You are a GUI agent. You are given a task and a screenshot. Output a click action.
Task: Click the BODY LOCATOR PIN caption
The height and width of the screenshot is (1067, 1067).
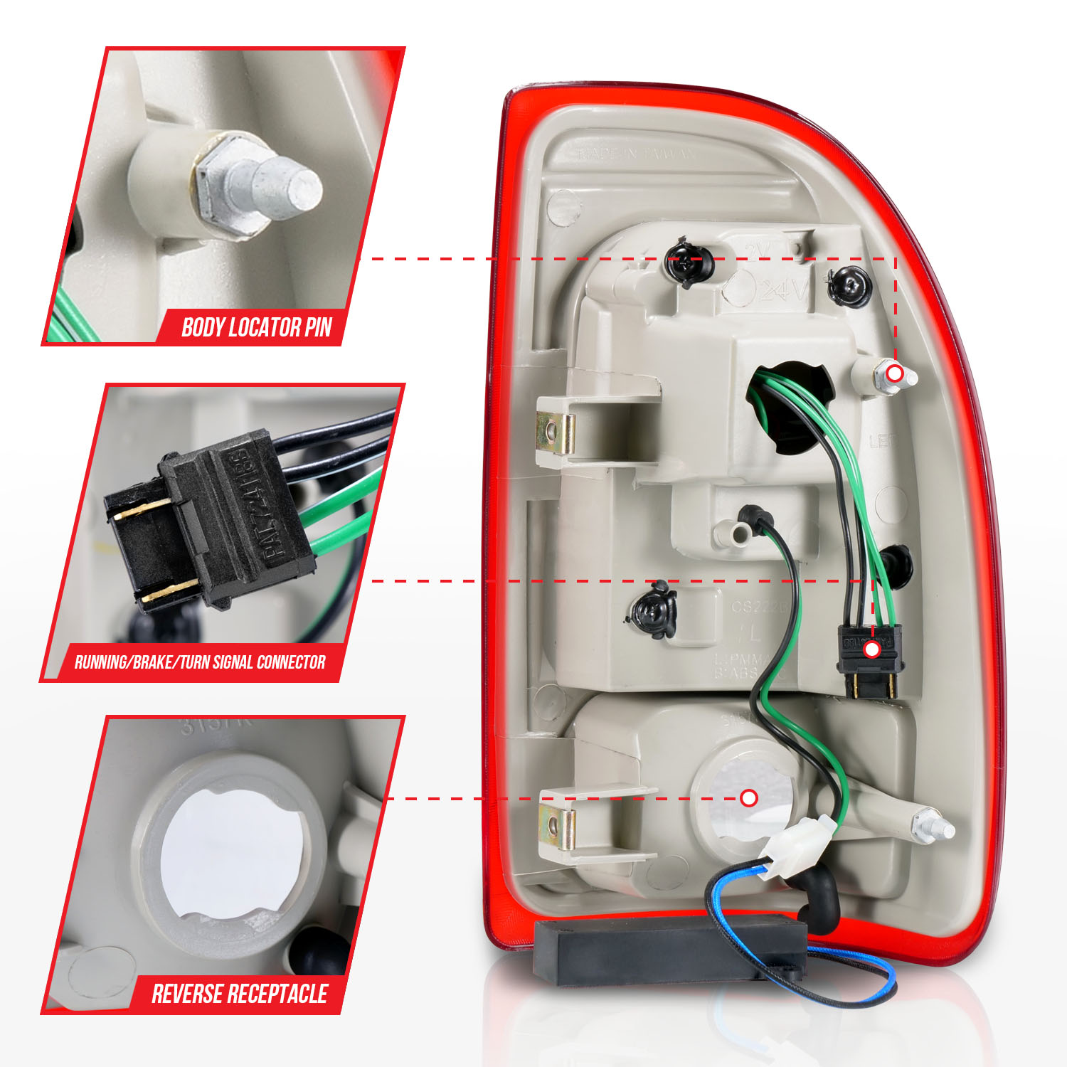click(x=256, y=327)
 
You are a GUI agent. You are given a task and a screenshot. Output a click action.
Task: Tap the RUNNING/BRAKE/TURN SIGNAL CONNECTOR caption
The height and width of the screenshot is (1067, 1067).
click(x=200, y=662)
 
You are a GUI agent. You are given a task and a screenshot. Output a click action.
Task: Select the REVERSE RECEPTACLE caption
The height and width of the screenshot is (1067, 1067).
click(x=239, y=993)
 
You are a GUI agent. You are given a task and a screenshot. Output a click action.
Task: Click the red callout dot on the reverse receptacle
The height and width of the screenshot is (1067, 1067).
click(x=748, y=798)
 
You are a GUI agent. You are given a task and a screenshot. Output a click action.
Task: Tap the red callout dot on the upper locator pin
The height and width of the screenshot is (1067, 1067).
click(x=896, y=373)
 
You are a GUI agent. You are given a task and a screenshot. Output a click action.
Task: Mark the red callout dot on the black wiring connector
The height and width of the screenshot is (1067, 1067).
click(x=872, y=649)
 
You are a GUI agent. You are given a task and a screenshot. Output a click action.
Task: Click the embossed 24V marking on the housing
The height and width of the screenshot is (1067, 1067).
click(x=782, y=290)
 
